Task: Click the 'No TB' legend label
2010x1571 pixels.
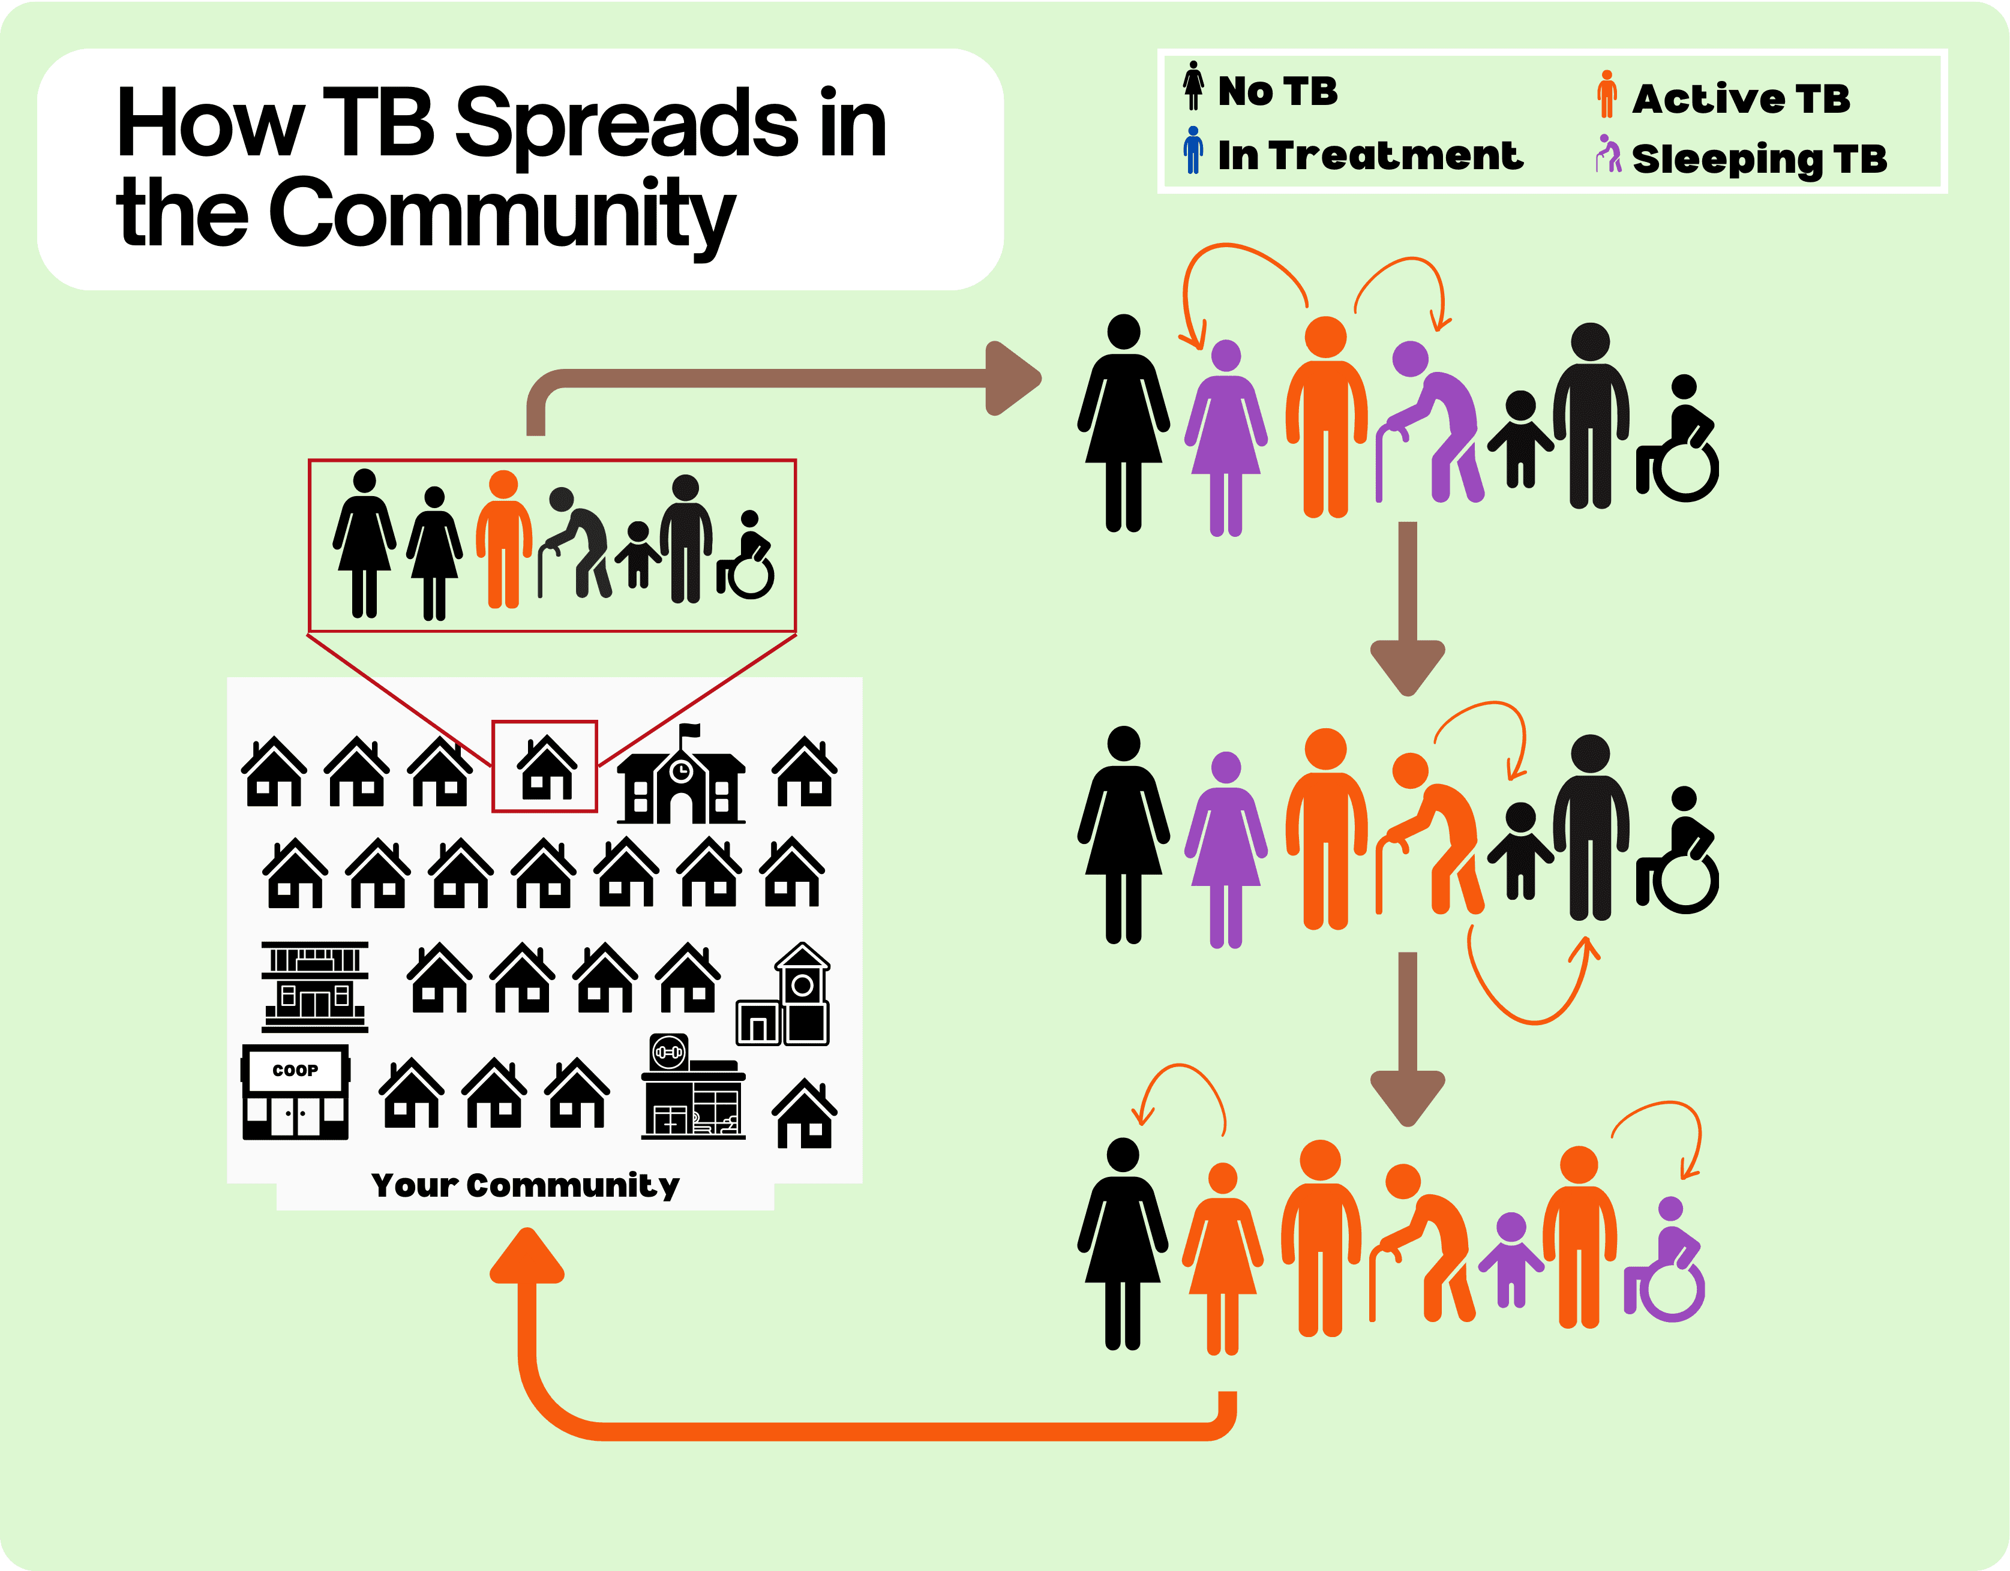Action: pyautogui.click(x=1277, y=91)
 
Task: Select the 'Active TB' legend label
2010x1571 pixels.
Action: pyautogui.click(x=1741, y=98)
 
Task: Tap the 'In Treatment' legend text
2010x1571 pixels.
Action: pyautogui.click(x=1369, y=155)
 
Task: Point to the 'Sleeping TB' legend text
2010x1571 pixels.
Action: pyautogui.click(x=1759, y=158)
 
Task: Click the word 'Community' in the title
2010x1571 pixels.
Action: pyautogui.click(x=502, y=214)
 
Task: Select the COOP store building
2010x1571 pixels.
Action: pyautogui.click(x=295, y=1092)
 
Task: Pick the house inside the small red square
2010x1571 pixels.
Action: pyautogui.click(x=547, y=768)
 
